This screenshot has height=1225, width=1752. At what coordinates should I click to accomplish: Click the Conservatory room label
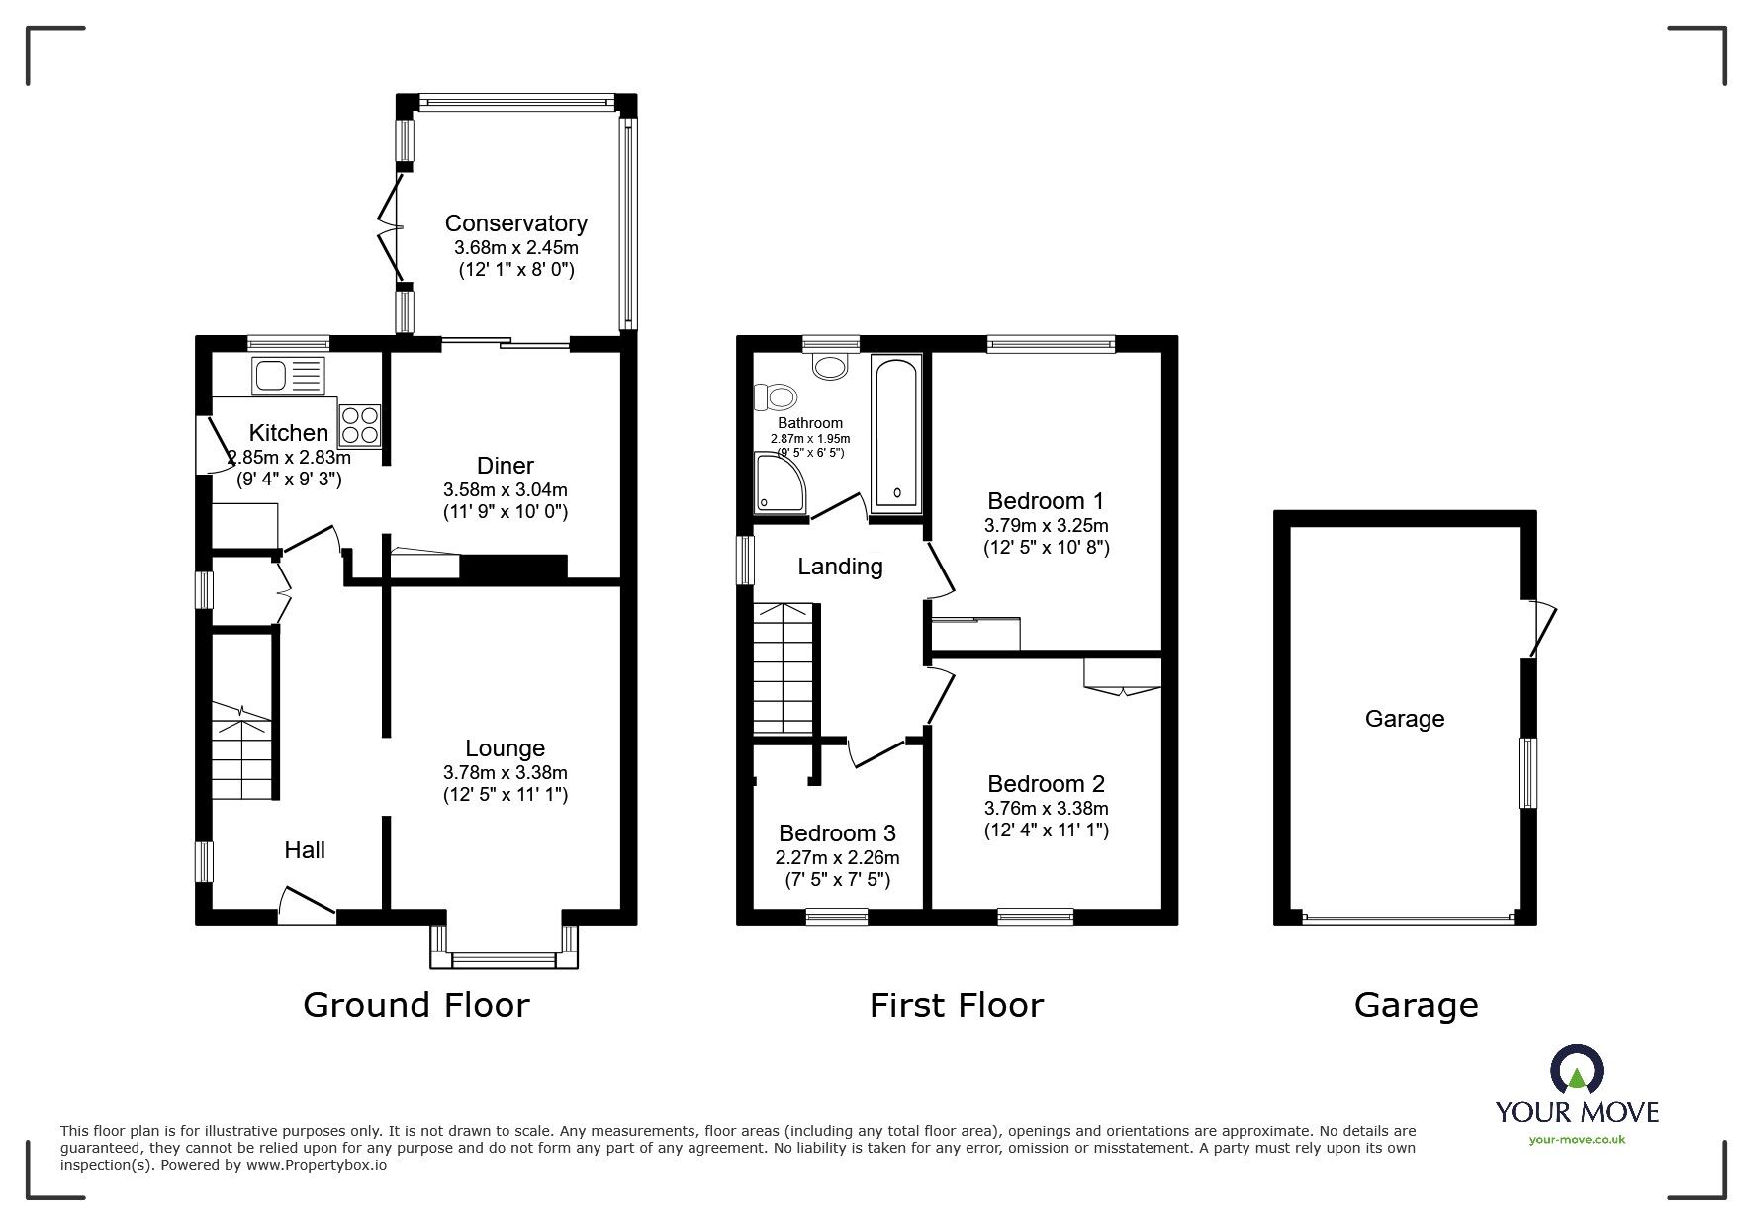pos(515,223)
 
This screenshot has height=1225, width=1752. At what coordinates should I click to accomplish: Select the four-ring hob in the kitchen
pos(360,424)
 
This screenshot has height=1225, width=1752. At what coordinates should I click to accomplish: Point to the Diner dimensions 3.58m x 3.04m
pos(506,489)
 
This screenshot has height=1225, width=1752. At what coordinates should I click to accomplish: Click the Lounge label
pos(506,749)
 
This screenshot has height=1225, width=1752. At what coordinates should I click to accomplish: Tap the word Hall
pos(305,850)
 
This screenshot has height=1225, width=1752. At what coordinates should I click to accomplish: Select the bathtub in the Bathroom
pos(897,434)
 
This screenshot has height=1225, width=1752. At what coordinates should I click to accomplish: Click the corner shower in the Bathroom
pos(781,483)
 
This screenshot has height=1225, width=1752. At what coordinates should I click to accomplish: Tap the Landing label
pos(840,567)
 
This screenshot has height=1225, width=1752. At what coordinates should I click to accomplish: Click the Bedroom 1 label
pos(1046,501)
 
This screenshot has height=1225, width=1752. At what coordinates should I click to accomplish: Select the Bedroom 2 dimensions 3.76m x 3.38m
pos(1046,808)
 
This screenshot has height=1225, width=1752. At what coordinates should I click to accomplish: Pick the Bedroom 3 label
pos(837,833)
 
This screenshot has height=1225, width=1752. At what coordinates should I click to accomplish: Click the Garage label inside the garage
pos(1405,719)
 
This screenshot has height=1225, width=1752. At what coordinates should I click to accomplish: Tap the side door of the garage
pos(1541,628)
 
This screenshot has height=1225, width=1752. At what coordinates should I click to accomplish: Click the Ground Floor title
pos(416,1006)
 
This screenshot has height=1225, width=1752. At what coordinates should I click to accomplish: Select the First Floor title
pos(957,1006)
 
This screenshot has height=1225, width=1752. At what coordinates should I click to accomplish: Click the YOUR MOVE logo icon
pos(1576,1069)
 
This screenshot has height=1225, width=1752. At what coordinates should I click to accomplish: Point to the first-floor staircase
pos(784,668)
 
